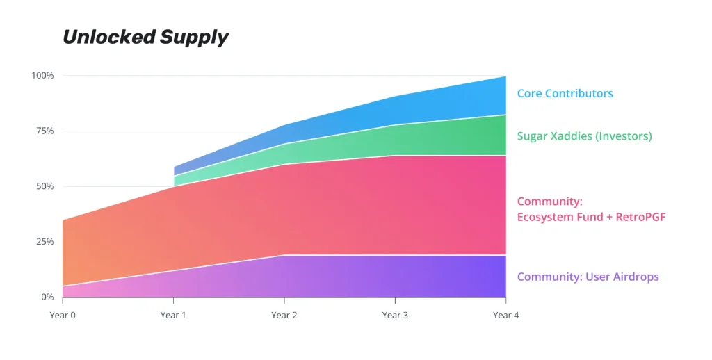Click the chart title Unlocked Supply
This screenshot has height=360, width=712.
[x=145, y=37]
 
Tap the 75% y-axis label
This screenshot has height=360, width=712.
[x=44, y=131]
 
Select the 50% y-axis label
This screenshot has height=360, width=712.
[x=44, y=186]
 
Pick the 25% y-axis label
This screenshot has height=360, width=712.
[x=44, y=242]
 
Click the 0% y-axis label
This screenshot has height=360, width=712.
[x=47, y=297]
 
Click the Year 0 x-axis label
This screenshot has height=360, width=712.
[x=62, y=316]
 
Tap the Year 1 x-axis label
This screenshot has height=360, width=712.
[x=173, y=316]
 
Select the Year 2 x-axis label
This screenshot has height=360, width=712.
[x=284, y=316]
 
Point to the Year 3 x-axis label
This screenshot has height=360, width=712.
[x=395, y=316]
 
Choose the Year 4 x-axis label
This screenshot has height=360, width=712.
[x=505, y=316]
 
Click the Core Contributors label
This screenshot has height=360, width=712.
[x=565, y=93]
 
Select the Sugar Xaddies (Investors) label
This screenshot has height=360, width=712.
[x=584, y=136]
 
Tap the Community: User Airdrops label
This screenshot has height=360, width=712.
[x=588, y=277]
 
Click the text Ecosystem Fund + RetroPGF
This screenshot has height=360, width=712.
[x=591, y=218]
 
